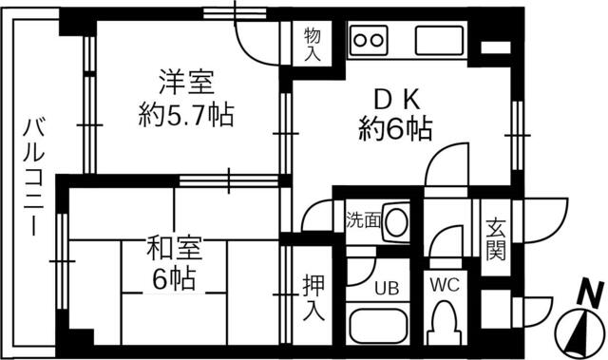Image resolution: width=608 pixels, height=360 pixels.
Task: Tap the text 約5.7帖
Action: coord(181,117)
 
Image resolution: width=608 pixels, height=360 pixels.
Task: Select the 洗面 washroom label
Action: coord(362,220)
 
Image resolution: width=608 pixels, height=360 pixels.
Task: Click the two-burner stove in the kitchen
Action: coord(370,41)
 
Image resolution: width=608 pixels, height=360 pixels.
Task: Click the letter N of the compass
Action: coord(590,294)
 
